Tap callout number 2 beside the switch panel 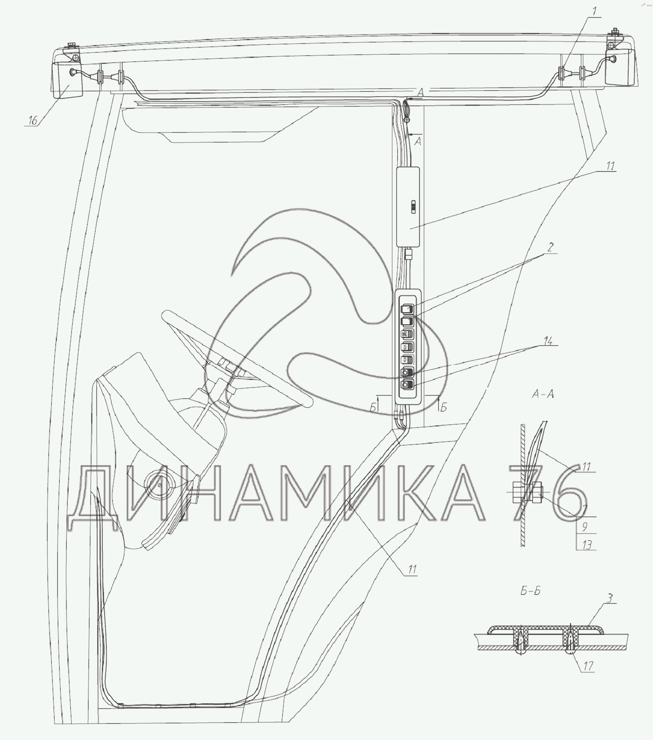[550, 247]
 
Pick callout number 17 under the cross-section [588, 666]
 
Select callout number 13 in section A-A [586, 544]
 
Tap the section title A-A [543, 395]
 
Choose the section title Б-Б [530, 592]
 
